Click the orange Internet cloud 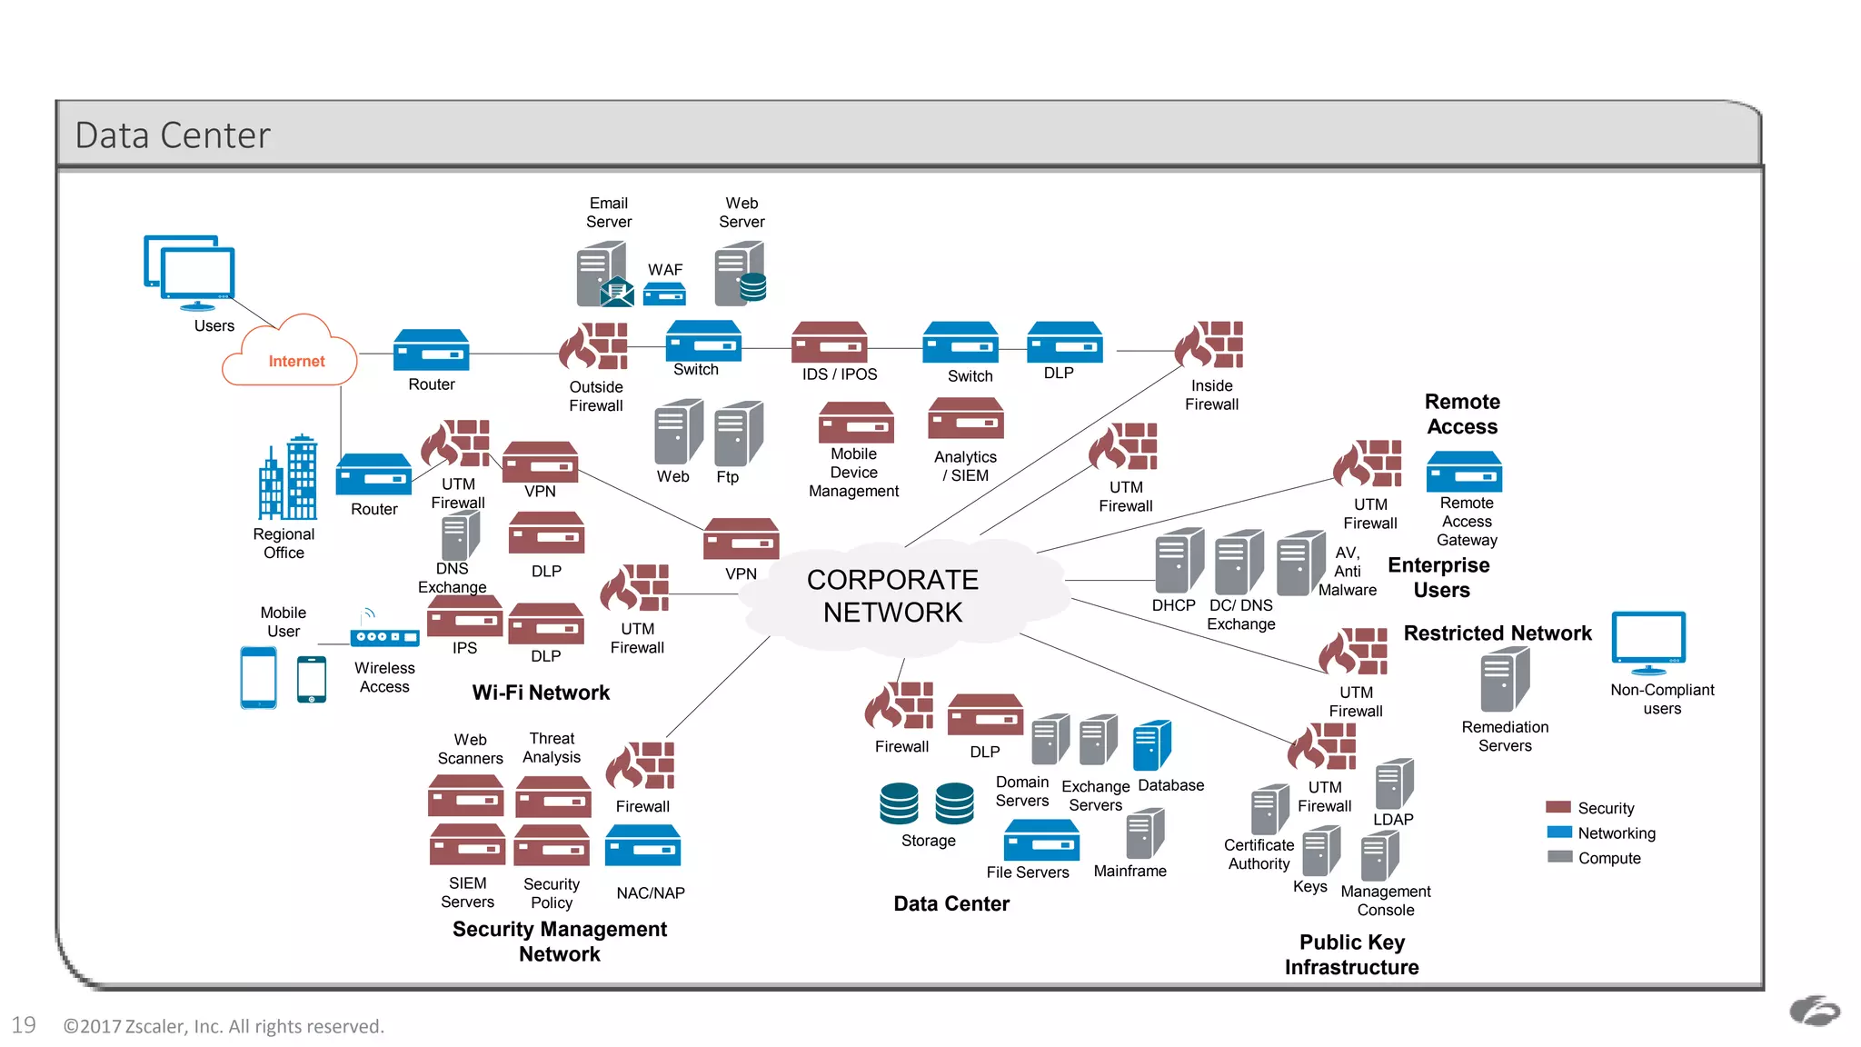290,354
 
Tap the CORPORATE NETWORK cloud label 892,596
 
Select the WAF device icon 664,294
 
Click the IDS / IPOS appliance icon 829,344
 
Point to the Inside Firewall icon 1209,345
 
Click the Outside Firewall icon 594,347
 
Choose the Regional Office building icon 288,478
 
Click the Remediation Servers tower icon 1505,680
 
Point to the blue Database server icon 1151,745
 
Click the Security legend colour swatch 1558,807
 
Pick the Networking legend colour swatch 1558,833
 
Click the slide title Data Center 173,135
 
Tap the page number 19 24,1025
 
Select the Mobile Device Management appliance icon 855,424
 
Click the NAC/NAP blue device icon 642,846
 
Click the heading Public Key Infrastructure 1351,954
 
